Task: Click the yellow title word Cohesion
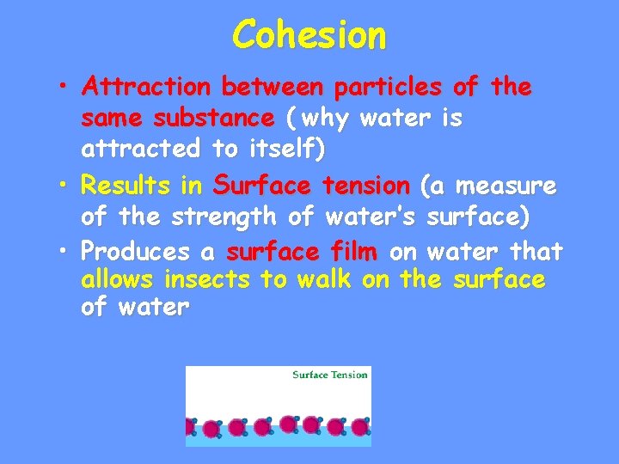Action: tap(309, 35)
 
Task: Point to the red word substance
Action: tap(220, 118)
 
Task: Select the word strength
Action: tap(224, 217)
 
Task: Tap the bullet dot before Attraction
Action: tap(65, 88)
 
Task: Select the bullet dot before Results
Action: tap(65, 186)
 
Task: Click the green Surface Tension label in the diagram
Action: tap(329, 375)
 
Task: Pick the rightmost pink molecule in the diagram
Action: tap(360, 427)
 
